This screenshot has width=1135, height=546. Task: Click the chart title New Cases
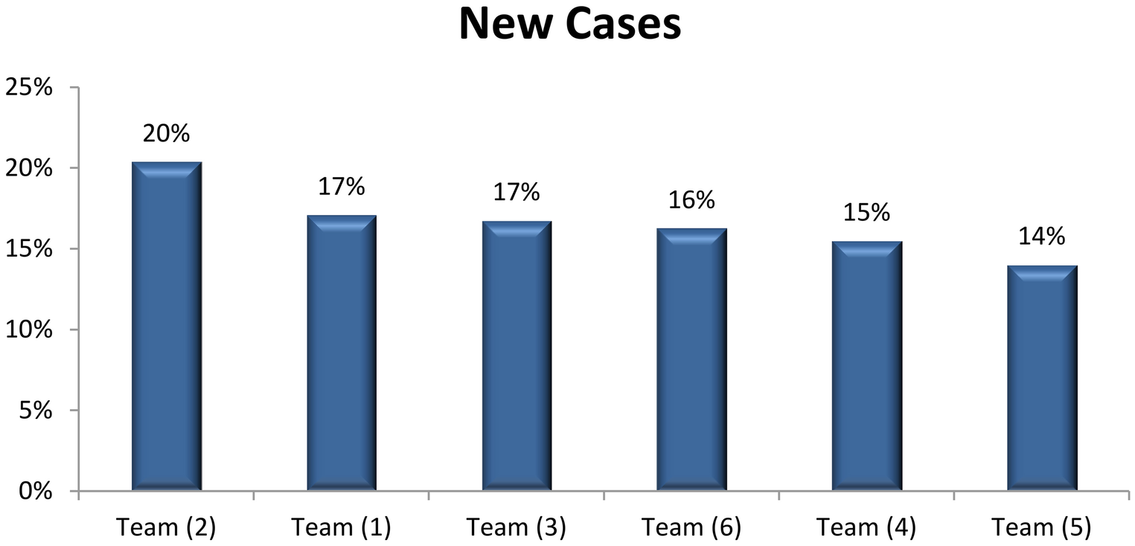[x=569, y=25]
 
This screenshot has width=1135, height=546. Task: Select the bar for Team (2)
[x=167, y=327]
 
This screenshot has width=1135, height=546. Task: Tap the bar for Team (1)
[x=342, y=353]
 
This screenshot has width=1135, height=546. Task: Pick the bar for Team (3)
[x=517, y=356]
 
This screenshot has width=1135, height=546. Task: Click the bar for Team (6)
[x=691, y=360]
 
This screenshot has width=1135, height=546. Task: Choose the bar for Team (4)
[x=867, y=366]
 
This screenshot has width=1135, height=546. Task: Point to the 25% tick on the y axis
[x=29, y=88]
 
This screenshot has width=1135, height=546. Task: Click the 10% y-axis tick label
[x=29, y=330]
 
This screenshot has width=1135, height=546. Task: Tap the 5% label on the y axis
[x=34, y=411]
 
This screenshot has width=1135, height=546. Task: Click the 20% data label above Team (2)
[x=167, y=134]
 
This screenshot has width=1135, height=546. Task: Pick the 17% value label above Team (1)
[x=342, y=187]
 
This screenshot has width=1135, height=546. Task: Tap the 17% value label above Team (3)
[x=517, y=191]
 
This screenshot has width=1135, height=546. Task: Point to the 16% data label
[x=691, y=199]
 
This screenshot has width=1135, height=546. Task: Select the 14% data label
[x=1042, y=237]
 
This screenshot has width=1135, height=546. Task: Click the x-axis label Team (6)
[x=691, y=527]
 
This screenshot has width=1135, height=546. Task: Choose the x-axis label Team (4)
[x=867, y=527]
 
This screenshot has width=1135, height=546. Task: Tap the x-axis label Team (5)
[x=1042, y=527]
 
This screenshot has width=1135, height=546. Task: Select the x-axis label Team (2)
[x=167, y=527]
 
